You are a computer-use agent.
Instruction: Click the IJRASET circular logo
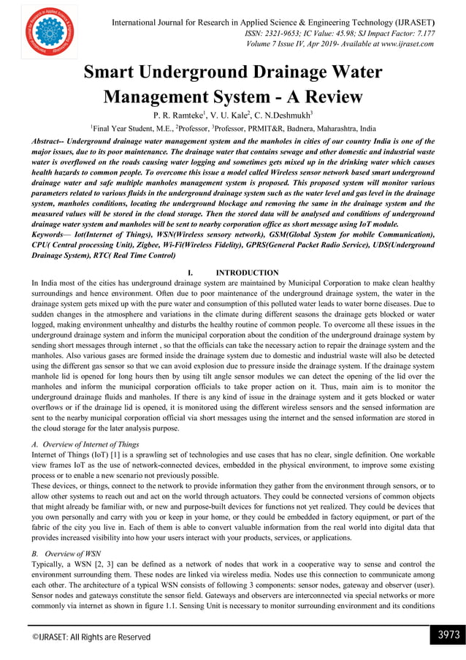tap(47, 31)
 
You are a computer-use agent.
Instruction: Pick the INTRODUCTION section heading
tap(248, 272)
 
